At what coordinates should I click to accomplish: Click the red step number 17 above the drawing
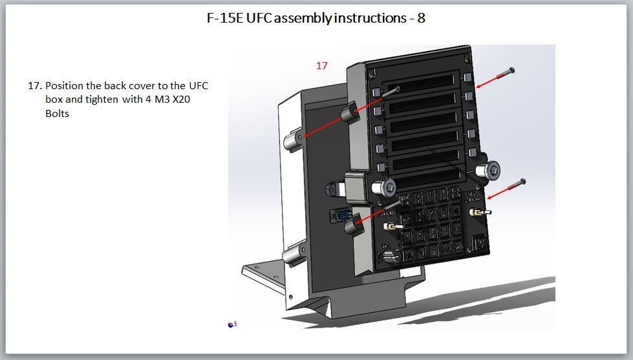pyautogui.click(x=322, y=65)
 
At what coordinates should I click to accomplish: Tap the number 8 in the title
pyautogui.click(x=421, y=18)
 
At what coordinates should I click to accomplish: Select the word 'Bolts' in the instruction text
pyautogui.click(x=58, y=113)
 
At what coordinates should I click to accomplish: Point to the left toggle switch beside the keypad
pyautogui.click(x=391, y=227)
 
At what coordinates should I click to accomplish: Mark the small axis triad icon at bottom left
pyautogui.click(x=233, y=324)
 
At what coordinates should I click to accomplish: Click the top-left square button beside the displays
pyautogui.click(x=376, y=90)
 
